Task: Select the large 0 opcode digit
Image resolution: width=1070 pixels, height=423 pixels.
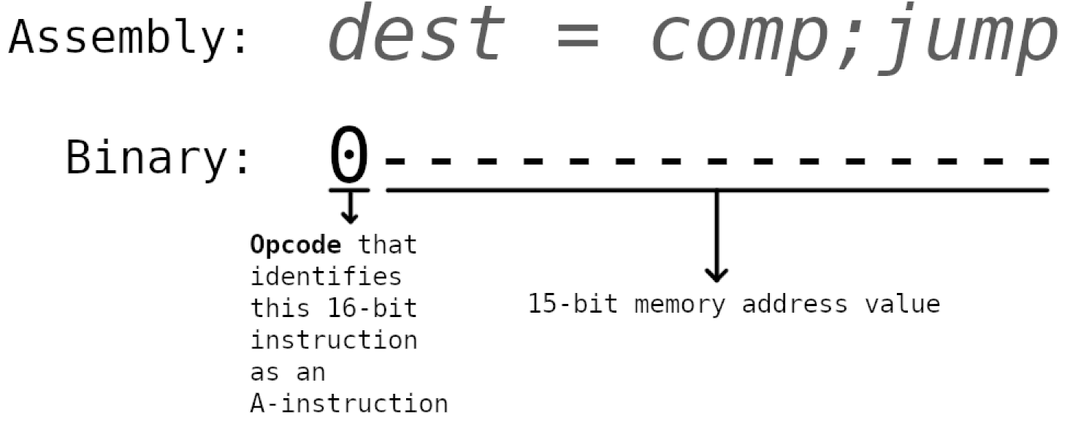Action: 349,155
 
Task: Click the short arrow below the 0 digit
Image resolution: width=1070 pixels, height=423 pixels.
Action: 350,208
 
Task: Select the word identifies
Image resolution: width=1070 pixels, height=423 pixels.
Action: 326,277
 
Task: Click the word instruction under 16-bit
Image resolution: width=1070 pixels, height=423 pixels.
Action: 335,340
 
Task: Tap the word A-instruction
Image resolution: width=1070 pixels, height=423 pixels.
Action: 349,403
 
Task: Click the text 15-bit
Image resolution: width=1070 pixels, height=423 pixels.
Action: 572,303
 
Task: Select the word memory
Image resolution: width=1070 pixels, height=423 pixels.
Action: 679,303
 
